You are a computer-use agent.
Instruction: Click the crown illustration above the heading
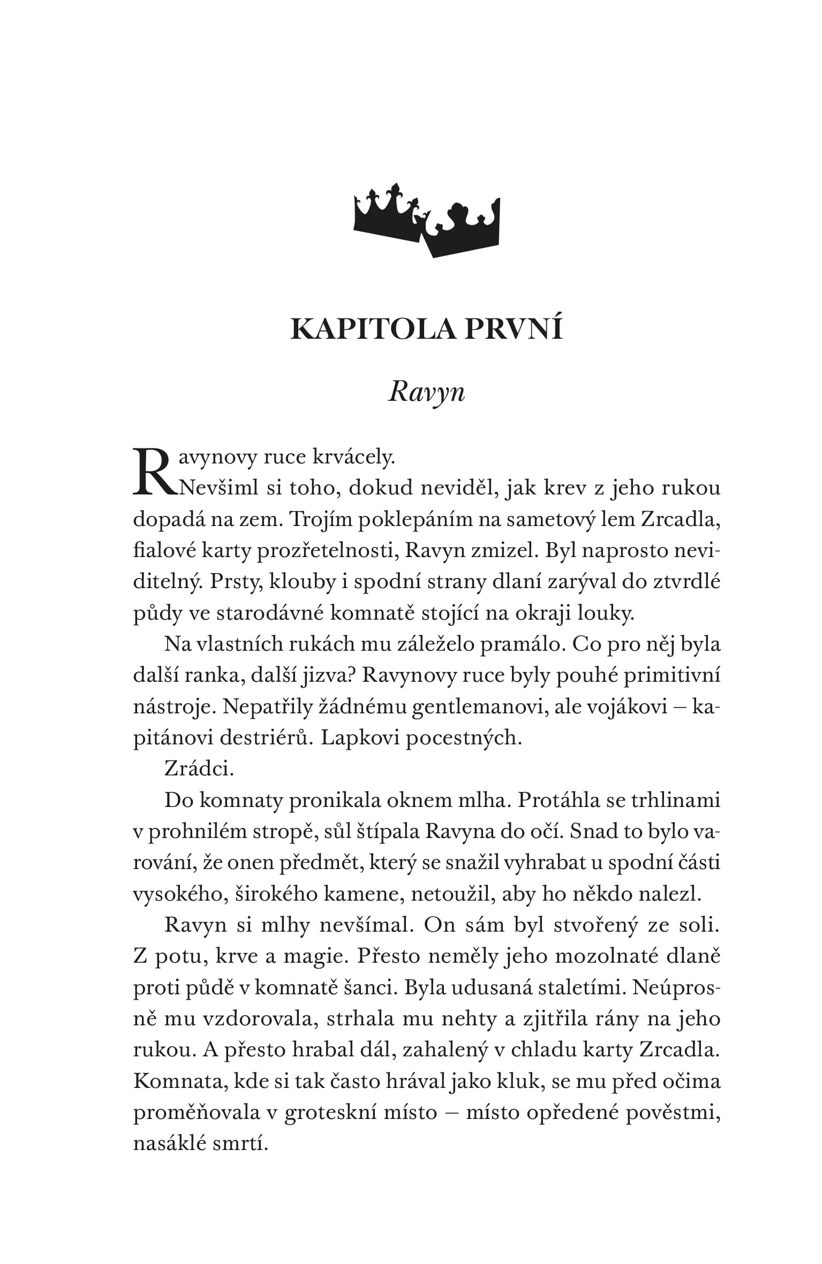pyautogui.click(x=426, y=220)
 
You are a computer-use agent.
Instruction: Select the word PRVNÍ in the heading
pyautogui.click(x=514, y=328)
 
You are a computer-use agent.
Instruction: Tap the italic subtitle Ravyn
pyautogui.click(x=426, y=393)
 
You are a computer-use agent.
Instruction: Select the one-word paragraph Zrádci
pyautogui.click(x=199, y=770)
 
